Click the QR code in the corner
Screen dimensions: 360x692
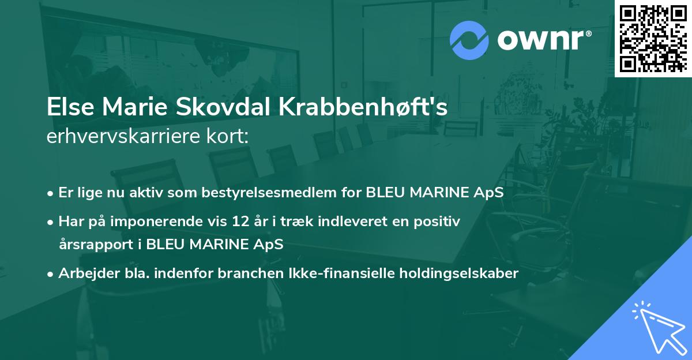coord(652,39)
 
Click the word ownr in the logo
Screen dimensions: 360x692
coord(543,40)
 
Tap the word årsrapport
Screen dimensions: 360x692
coord(96,244)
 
